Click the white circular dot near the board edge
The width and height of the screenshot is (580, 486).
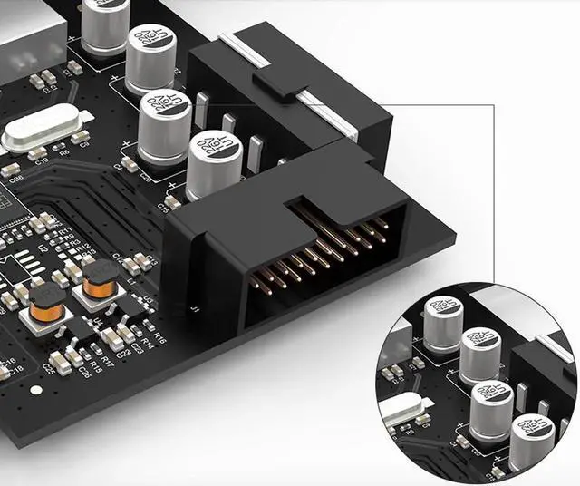coord(35,390)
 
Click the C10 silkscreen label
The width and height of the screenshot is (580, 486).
coord(40,159)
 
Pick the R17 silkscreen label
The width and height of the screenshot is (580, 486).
coord(108,362)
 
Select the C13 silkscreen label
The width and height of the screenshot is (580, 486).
coord(152,261)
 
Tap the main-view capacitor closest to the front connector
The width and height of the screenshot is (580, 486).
coord(214,161)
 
